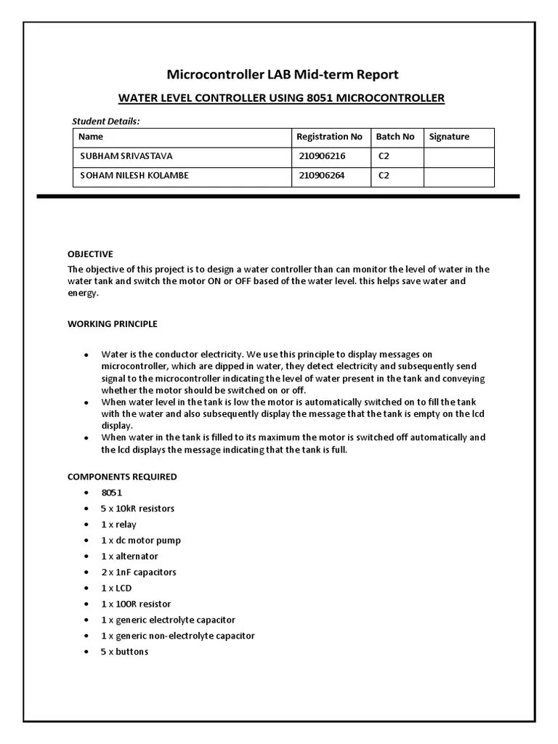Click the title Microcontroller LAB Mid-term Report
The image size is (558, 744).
point(283,74)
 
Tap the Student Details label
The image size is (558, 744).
point(106,121)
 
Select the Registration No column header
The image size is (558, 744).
point(329,137)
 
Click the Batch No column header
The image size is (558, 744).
point(395,137)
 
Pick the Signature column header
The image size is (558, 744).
point(449,137)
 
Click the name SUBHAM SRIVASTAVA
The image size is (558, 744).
point(126,156)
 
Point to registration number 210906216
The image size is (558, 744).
point(322,156)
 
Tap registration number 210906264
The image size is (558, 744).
point(322,176)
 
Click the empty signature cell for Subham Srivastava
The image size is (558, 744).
point(458,156)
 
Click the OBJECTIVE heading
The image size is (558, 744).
point(90,254)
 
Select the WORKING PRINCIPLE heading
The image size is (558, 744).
point(112,324)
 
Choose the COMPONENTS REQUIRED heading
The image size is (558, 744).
point(122,477)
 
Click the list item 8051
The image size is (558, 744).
point(112,493)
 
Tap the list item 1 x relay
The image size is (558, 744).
point(118,525)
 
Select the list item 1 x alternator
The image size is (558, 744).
point(129,557)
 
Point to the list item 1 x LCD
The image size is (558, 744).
point(116,588)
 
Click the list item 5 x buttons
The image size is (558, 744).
point(124,652)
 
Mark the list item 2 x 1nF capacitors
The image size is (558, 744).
point(138,572)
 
